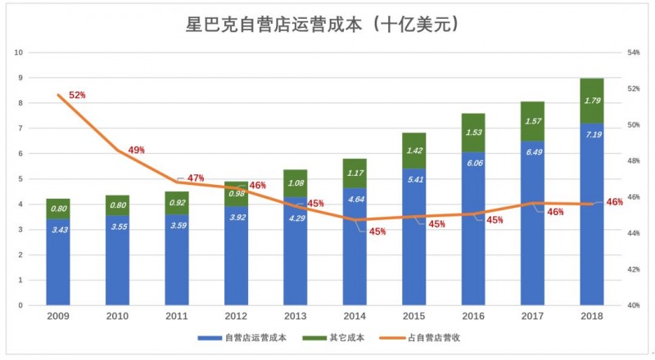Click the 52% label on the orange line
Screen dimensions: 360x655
77,96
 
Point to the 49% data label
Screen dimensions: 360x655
136,151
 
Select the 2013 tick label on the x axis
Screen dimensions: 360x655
295,316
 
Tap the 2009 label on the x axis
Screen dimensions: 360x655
57,316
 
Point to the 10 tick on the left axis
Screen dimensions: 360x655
18,52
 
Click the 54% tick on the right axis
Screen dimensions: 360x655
633,52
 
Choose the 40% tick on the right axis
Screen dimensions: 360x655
633,305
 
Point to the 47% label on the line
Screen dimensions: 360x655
196,178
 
